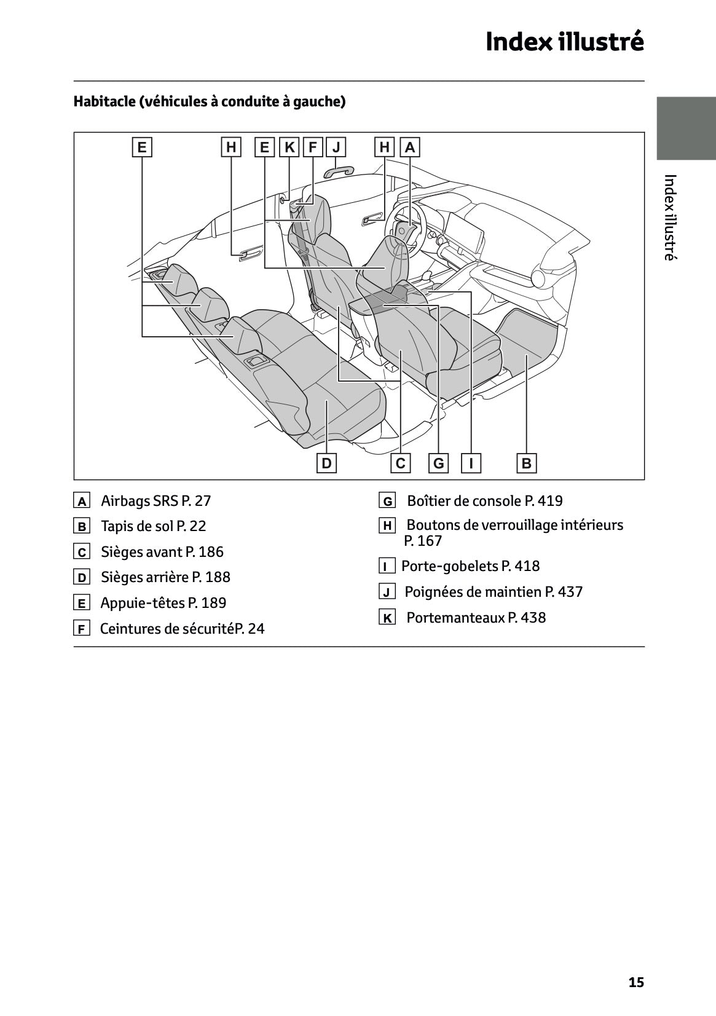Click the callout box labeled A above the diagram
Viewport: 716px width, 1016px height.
click(x=410, y=148)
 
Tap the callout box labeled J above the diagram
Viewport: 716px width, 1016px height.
click(x=336, y=148)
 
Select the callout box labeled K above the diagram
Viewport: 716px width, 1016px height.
click(x=289, y=148)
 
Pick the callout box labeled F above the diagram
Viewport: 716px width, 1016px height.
click(x=313, y=148)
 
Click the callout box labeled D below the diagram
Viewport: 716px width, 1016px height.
click(x=326, y=463)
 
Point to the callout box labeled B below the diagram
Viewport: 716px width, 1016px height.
click(x=527, y=463)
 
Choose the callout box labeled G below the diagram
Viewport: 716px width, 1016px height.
click(x=439, y=463)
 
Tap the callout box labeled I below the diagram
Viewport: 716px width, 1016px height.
click(x=471, y=463)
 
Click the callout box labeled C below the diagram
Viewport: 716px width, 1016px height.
click(x=401, y=463)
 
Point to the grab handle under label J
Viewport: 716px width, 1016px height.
click(x=340, y=170)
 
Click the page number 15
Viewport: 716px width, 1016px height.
click(x=636, y=982)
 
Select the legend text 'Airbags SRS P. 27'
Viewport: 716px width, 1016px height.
click(x=155, y=501)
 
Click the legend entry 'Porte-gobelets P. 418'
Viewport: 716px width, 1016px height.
click(x=470, y=566)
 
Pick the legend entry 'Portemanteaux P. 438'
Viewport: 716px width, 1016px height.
click(x=476, y=618)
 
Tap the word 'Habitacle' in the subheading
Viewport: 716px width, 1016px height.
click(x=104, y=101)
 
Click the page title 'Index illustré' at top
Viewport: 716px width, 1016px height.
click(x=565, y=42)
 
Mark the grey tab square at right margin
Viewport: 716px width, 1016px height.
click(x=686, y=128)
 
